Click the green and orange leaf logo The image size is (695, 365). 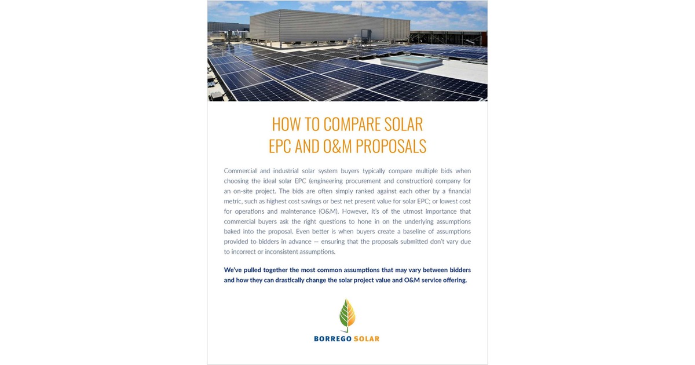pyautogui.click(x=348, y=316)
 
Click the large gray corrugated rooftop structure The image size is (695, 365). pyautogui.click(x=330, y=29)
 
